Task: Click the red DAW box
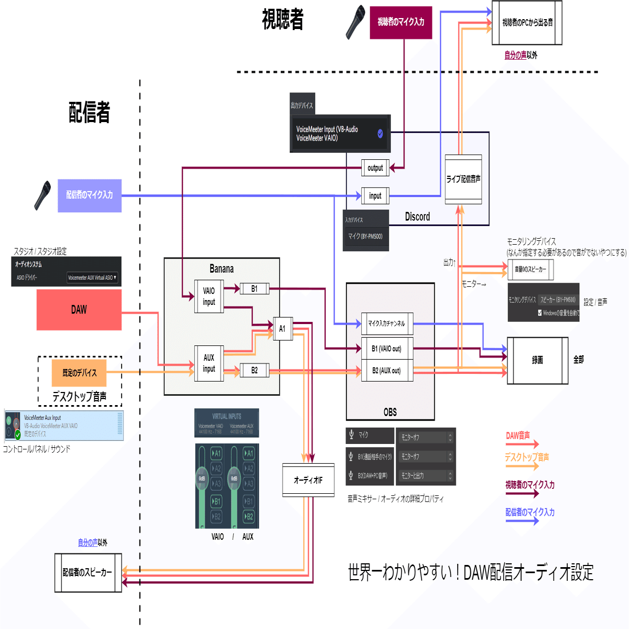(79, 310)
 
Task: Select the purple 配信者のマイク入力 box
(89, 195)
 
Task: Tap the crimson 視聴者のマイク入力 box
(401, 22)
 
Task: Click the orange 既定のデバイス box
(79, 373)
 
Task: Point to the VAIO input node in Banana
(209, 296)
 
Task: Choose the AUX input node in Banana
(209, 363)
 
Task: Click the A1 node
(282, 328)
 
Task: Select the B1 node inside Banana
(255, 288)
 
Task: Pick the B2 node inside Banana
(255, 371)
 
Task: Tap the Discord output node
(375, 168)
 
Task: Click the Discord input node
(375, 195)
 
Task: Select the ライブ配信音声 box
(463, 179)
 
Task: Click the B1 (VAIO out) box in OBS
(386, 349)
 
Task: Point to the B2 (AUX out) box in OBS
(386, 371)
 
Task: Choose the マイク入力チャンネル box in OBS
(386, 324)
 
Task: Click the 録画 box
(537, 360)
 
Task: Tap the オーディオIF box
(308, 480)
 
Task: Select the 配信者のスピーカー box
(88, 573)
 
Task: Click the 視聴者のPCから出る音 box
(527, 23)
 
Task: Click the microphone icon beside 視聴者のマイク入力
(356, 22)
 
